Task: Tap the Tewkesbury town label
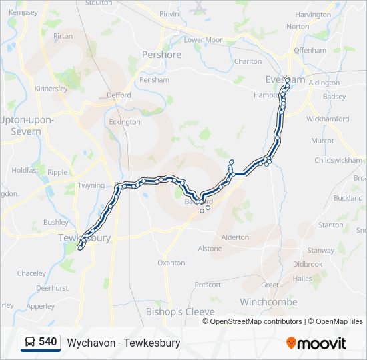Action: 84,238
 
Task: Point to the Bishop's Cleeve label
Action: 180,312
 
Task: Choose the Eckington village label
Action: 124,122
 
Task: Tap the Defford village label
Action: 119,95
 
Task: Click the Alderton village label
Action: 234,237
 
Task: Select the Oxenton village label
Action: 171,263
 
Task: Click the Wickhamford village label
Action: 328,119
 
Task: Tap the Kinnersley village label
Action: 51,89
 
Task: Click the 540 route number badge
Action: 47,342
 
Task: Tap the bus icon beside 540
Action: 30,343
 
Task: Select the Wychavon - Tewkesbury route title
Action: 123,343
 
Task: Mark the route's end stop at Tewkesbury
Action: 80,248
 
